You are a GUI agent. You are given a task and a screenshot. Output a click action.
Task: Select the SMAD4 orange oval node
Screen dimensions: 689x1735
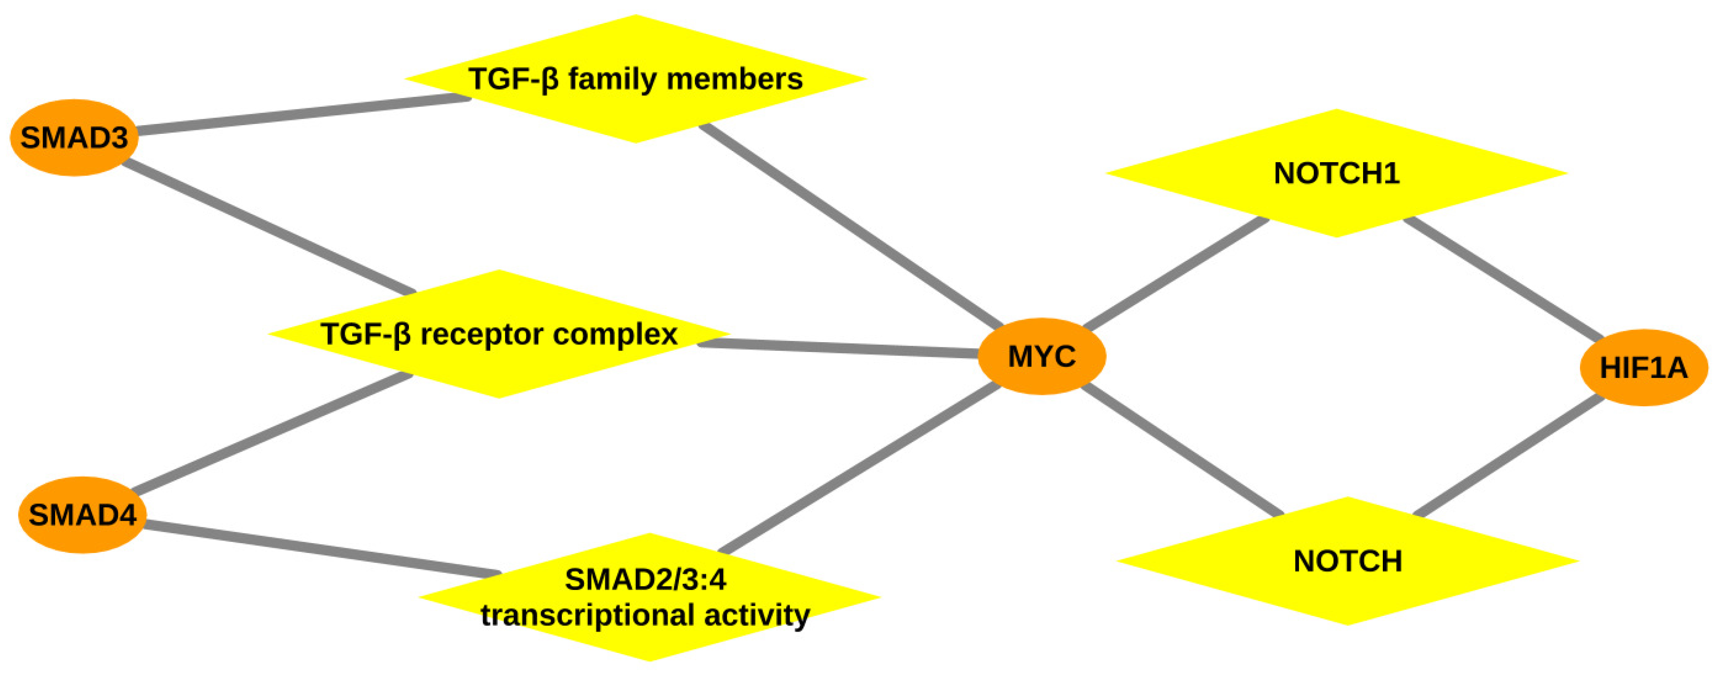point(82,515)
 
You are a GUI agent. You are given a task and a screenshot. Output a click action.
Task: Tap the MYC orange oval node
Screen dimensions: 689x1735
point(1041,355)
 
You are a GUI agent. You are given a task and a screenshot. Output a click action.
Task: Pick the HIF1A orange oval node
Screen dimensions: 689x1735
point(1643,368)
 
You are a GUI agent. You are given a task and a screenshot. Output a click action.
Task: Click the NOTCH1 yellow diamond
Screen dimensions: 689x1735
point(1336,173)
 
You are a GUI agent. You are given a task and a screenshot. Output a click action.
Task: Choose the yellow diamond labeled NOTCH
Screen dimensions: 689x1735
point(1348,561)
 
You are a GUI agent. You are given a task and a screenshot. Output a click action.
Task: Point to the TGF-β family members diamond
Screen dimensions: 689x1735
point(635,79)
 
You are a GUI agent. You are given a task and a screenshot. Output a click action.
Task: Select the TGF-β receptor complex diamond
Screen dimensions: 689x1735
point(499,334)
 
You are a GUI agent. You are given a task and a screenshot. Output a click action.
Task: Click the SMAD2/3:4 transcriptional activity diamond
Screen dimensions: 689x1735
point(649,597)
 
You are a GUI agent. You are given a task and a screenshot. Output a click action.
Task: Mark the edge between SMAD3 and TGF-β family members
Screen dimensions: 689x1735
point(303,114)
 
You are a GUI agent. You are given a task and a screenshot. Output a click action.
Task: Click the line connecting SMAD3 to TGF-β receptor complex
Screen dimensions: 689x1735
point(270,228)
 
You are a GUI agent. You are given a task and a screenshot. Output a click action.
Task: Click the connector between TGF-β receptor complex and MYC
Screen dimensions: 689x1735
point(839,348)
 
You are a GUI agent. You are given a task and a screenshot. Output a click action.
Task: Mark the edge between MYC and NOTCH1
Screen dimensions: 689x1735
point(1175,273)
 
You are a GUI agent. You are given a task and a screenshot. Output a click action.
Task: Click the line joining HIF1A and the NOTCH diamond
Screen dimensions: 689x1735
point(1509,456)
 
